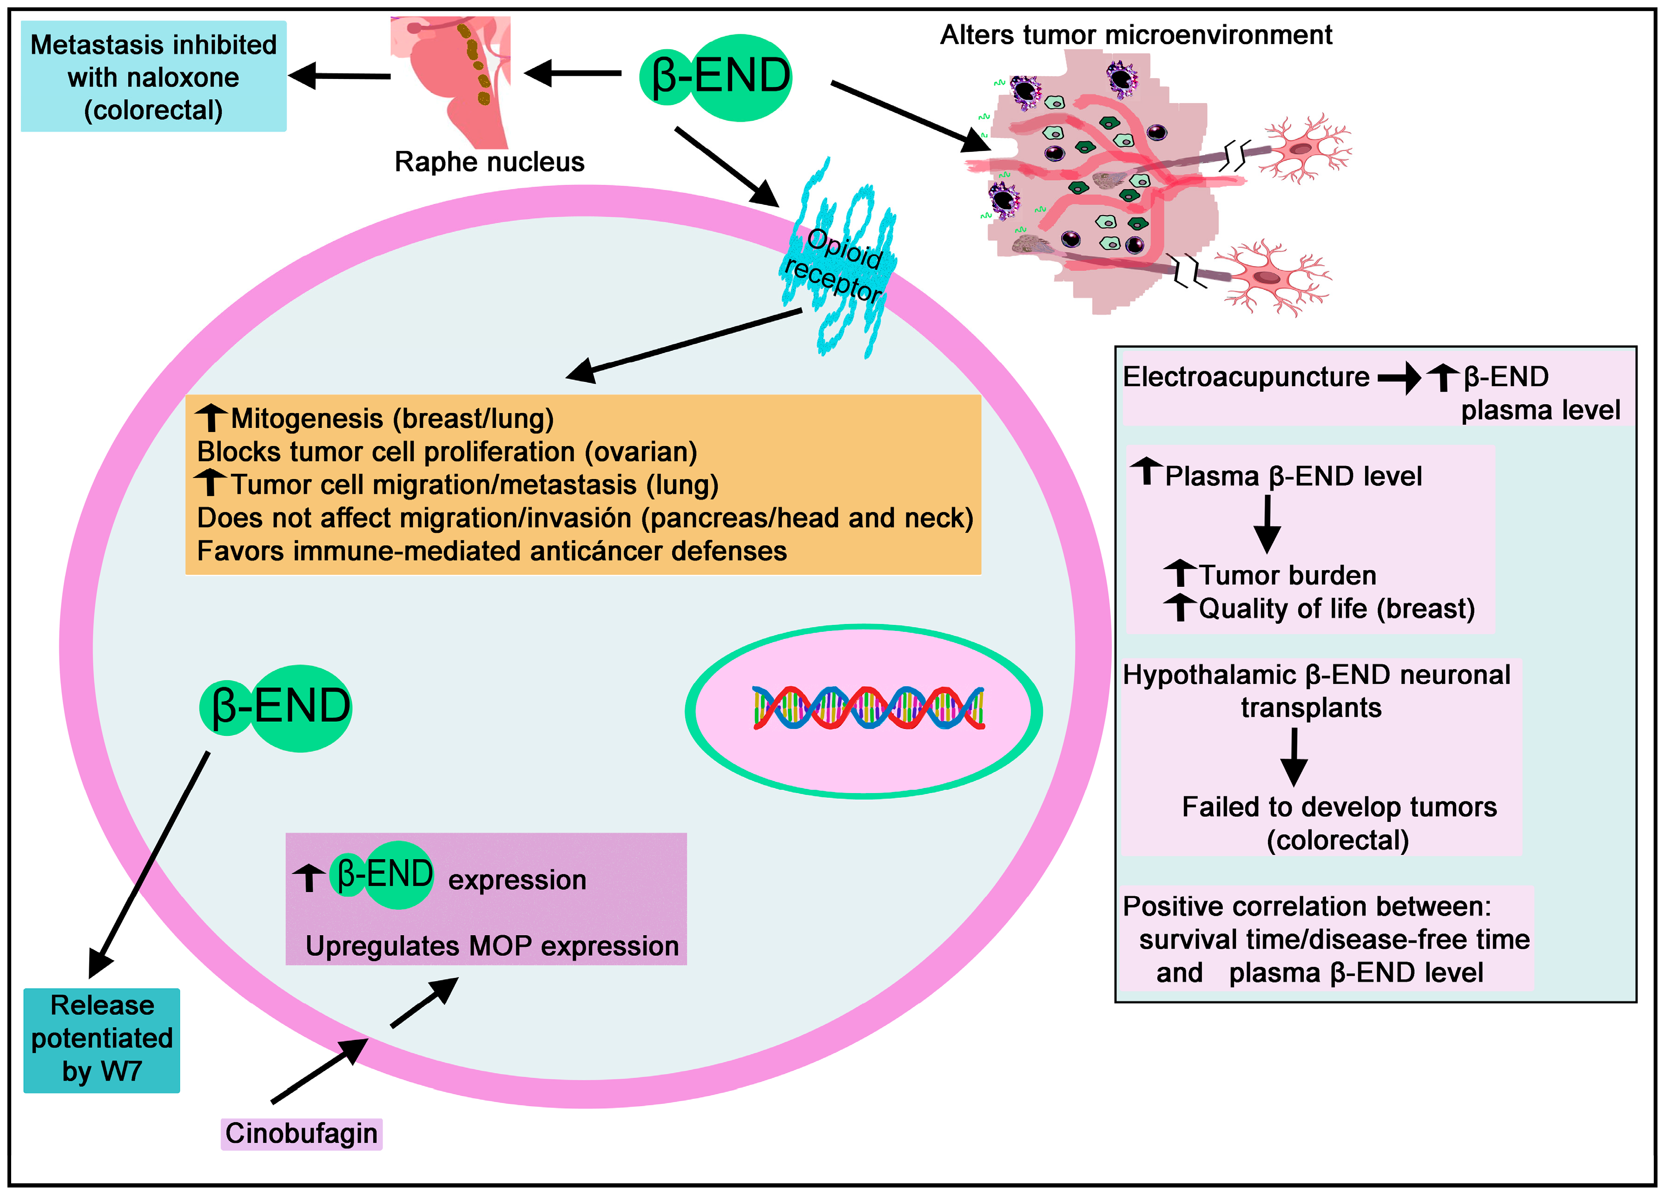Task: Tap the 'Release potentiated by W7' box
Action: click(x=101, y=1039)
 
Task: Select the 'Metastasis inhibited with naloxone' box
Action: click(x=153, y=76)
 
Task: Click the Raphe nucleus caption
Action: click(x=489, y=161)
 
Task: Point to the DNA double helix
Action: click(x=868, y=708)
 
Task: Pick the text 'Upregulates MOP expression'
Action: click(x=492, y=946)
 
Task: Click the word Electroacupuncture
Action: click(x=1246, y=377)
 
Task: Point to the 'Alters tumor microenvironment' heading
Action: click(x=1136, y=34)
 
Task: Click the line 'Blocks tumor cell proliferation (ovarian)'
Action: click(x=447, y=452)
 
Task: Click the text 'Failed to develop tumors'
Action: click(x=1339, y=807)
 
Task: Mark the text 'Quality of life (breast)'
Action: click(x=1336, y=609)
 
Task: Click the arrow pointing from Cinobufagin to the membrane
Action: click(x=319, y=1071)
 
